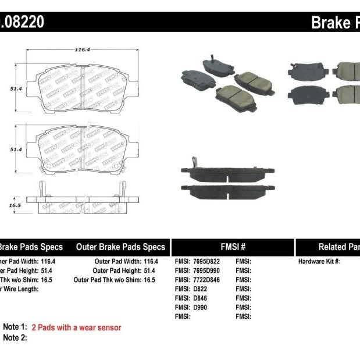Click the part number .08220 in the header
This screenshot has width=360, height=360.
click(x=22, y=22)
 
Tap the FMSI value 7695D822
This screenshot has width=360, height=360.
click(x=208, y=262)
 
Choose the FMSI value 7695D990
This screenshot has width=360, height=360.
click(x=208, y=271)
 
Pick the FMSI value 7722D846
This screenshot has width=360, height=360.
click(x=208, y=280)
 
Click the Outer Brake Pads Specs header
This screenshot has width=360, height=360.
click(x=121, y=247)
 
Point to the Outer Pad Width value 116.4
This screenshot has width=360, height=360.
click(x=151, y=262)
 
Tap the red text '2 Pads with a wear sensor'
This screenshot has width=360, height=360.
click(x=76, y=327)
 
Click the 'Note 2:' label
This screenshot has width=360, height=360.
click(x=15, y=337)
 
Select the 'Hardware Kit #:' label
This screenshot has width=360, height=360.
click(x=319, y=262)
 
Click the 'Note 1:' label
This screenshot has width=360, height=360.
click(x=15, y=327)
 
